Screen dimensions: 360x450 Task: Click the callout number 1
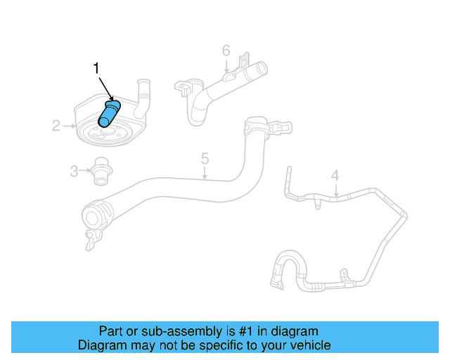pos(97,68)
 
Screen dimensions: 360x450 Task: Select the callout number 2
pos(56,127)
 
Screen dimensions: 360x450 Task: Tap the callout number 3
pos(74,169)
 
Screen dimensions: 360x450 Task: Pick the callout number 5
pos(205,158)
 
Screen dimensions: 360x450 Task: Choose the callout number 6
pos(226,51)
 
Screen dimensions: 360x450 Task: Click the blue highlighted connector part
pos(110,113)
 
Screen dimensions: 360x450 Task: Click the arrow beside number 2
pos(68,127)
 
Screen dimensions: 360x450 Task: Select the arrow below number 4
pos(335,190)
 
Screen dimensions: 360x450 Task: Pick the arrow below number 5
pos(205,173)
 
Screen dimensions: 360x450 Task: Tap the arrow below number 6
pos(226,66)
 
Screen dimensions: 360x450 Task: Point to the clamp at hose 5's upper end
pos(255,129)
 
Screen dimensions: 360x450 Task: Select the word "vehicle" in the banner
pos(308,345)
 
